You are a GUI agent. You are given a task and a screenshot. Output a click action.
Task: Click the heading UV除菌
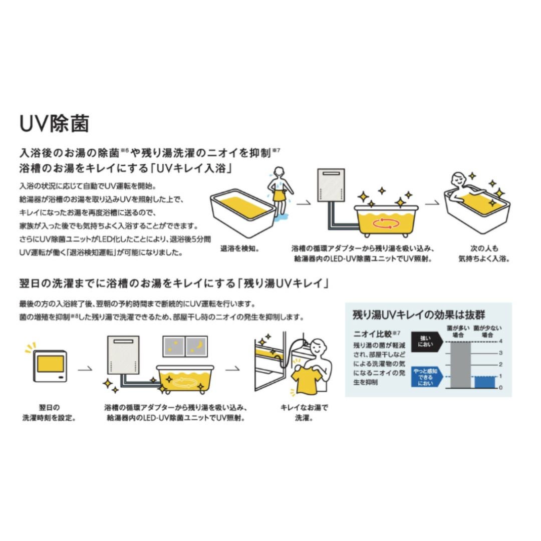[54, 124]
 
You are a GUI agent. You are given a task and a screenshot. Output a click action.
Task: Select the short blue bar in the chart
[484, 382]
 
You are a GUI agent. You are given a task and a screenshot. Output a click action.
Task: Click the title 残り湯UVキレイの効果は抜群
[419, 315]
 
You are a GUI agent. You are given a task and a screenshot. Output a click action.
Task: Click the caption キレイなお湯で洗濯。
[304, 412]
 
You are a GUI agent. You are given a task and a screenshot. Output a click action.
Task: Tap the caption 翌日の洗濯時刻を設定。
[50, 412]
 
